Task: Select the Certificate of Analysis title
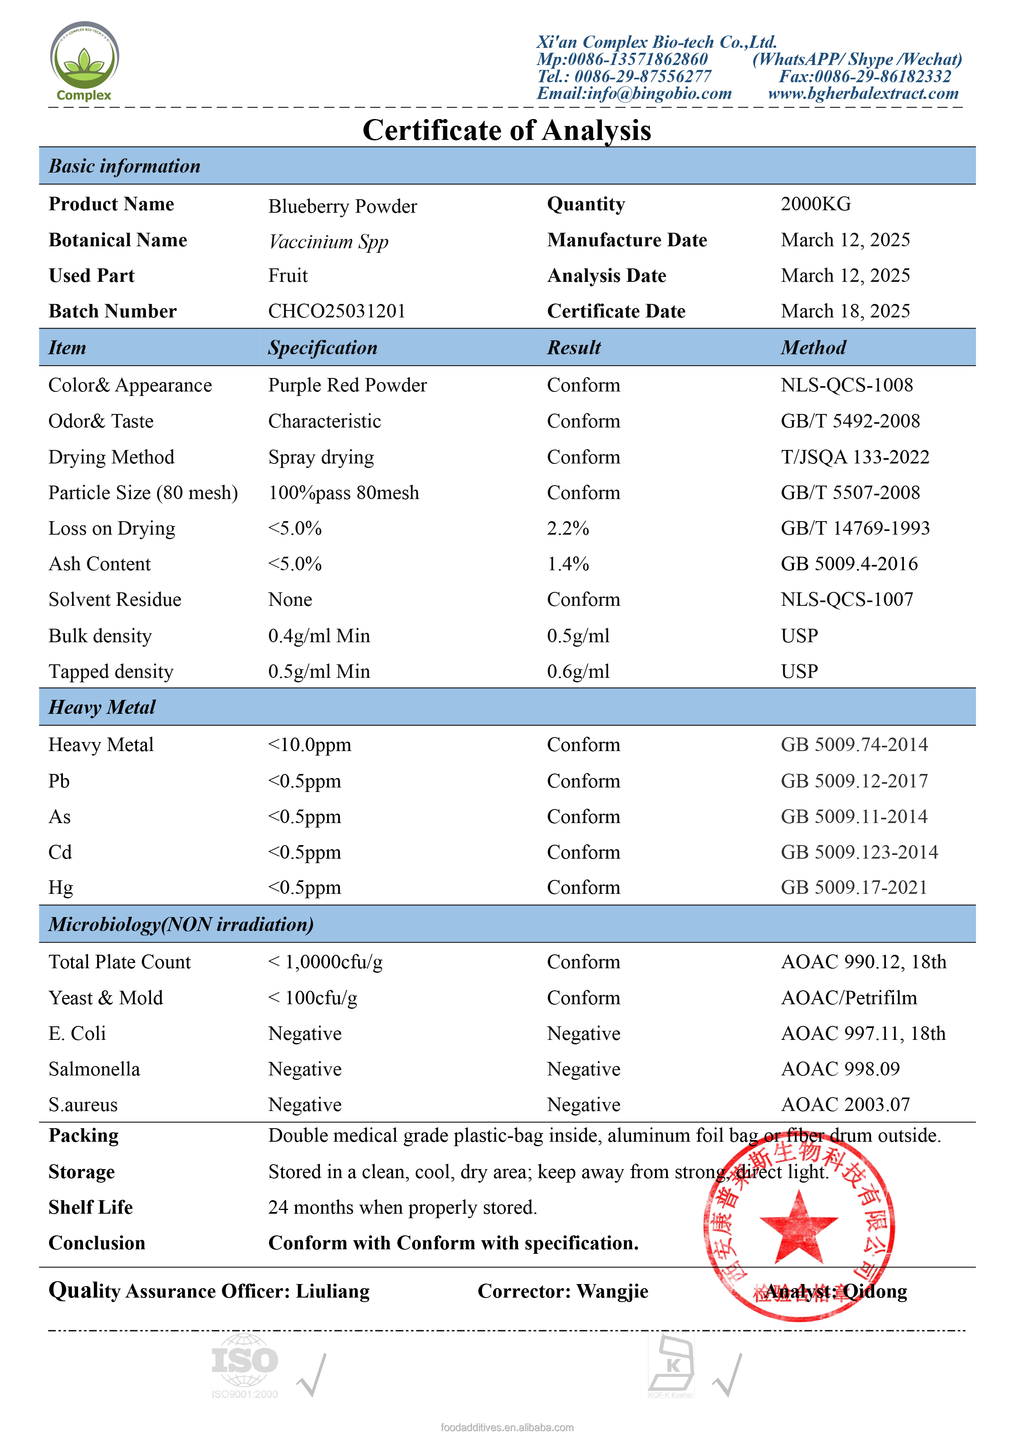tap(507, 130)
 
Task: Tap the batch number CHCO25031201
tap(337, 311)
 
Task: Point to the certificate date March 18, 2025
tap(845, 311)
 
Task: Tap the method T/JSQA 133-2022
tap(855, 457)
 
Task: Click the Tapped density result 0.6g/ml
tap(578, 671)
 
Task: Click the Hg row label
tap(61, 888)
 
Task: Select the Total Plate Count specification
tap(325, 962)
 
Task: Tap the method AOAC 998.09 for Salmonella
tap(840, 1069)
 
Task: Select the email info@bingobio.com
tap(634, 94)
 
